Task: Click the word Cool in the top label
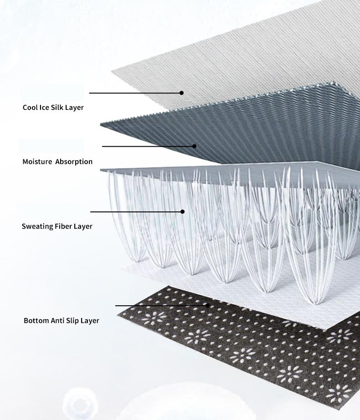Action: pos(30,108)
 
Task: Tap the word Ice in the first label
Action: pos(44,108)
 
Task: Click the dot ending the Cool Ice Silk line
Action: pos(182,93)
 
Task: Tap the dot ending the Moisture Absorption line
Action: pos(195,146)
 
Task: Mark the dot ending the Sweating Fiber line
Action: pos(182,212)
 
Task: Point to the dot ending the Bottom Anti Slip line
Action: pos(207,305)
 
